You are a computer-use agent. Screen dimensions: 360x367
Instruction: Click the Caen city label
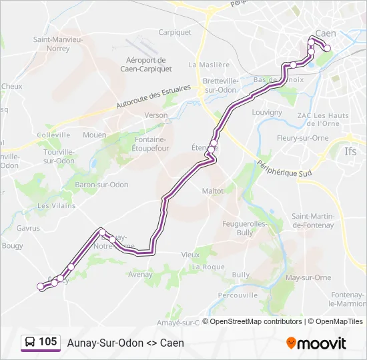click(x=325, y=33)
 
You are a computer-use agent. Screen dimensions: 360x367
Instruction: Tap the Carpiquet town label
click(x=175, y=32)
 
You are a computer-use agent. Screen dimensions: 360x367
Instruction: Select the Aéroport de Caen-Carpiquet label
click(x=146, y=64)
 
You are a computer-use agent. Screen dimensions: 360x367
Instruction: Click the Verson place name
click(x=156, y=115)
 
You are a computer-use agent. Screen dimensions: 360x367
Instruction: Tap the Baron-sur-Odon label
click(x=101, y=185)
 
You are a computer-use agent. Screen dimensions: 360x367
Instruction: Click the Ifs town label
click(x=351, y=153)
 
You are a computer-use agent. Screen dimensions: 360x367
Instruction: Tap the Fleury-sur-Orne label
click(x=300, y=139)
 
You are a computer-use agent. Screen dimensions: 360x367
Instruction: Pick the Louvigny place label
click(x=267, y=112)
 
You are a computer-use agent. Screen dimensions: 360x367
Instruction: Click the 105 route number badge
click(x=47, y=342)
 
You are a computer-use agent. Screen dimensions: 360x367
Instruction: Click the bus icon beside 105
click(x=30, y=343)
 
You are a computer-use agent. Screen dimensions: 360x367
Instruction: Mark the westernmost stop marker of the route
click(x=40, y=287)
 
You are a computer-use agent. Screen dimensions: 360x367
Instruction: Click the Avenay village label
click(x=140, y=274)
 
